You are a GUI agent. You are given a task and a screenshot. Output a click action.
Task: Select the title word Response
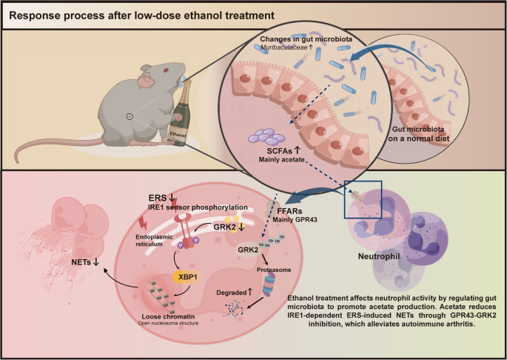point(38,15)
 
